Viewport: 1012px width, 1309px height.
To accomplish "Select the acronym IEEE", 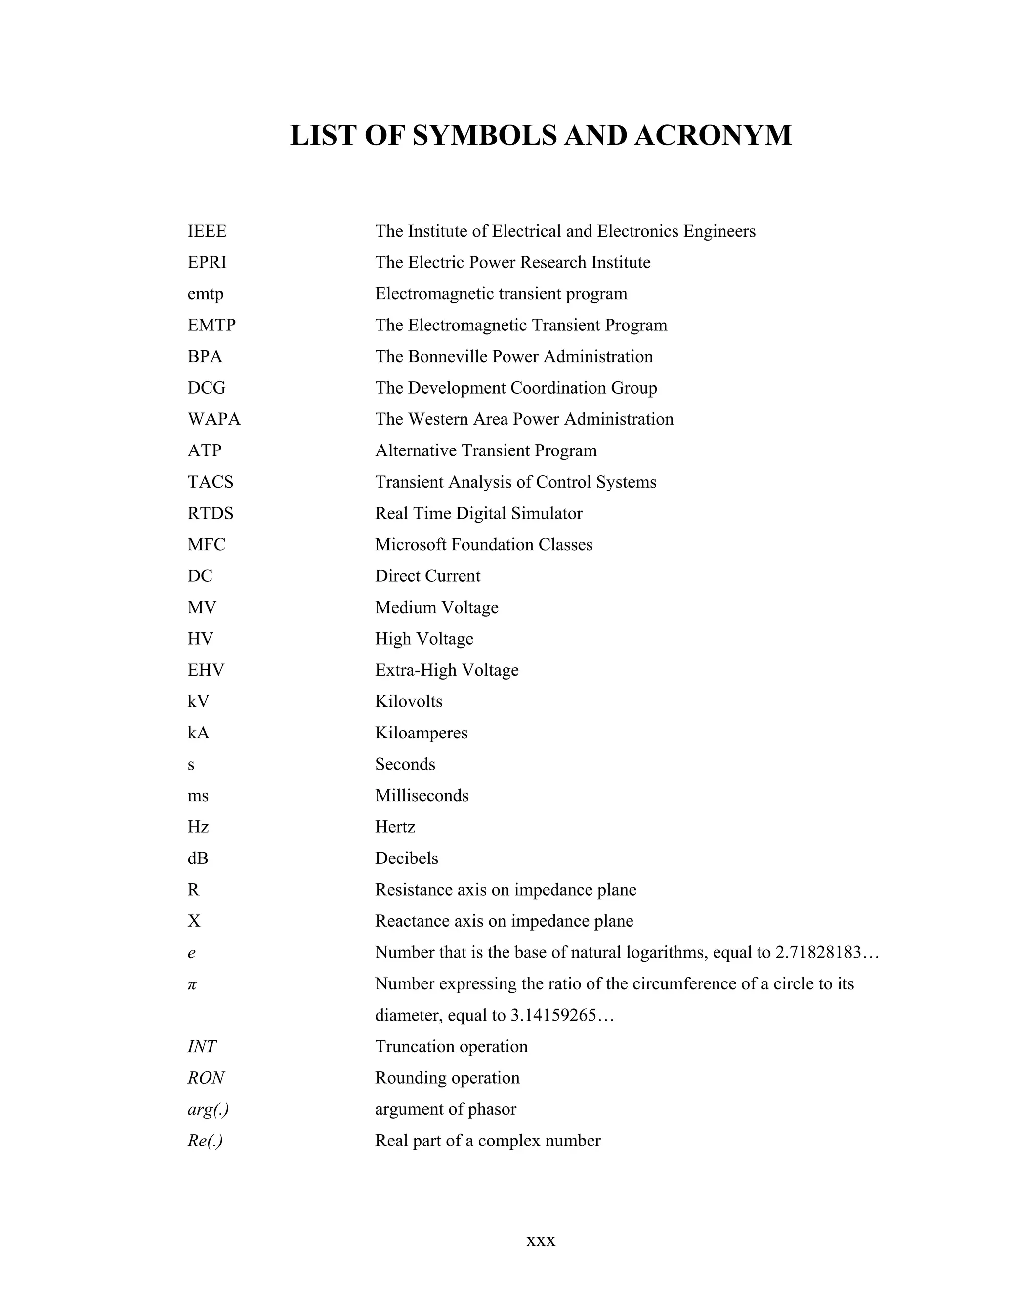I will pyautogui.click(x=207, y=231).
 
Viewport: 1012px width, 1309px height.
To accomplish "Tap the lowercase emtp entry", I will pyautogui.click(x=205, y=294).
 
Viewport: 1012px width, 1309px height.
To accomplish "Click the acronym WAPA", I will pyautogui.click(x=213, y=419).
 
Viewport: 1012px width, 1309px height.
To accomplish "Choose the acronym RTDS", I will pyautogui.click(x=211, y=513).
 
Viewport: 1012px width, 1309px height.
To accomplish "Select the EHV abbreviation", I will pyautogui.click(x=206, y=670).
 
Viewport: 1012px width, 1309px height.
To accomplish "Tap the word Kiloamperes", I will pyautogui.click(x=421, y=733).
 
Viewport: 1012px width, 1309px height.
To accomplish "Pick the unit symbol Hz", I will pyautogui.click(x=198, y=827).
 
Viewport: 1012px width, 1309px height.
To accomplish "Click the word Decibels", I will pyautogui.click(x=407, y=859).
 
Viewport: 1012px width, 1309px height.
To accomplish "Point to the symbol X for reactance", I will pyautogui.click(x=194, y=921).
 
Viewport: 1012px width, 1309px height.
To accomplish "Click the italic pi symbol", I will pyautogui.click(x=192, y=984).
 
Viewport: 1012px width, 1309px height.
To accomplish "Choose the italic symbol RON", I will pyautogui.click(x=206, y=1078).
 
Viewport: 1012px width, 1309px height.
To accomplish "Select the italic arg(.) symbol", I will pyautogui.click(x=208, y=1109).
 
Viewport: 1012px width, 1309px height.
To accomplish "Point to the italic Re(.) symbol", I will pyautogui.click(x=205, y=1141).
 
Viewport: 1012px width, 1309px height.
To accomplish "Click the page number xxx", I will pyautogui.click(x=541, y=1241).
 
